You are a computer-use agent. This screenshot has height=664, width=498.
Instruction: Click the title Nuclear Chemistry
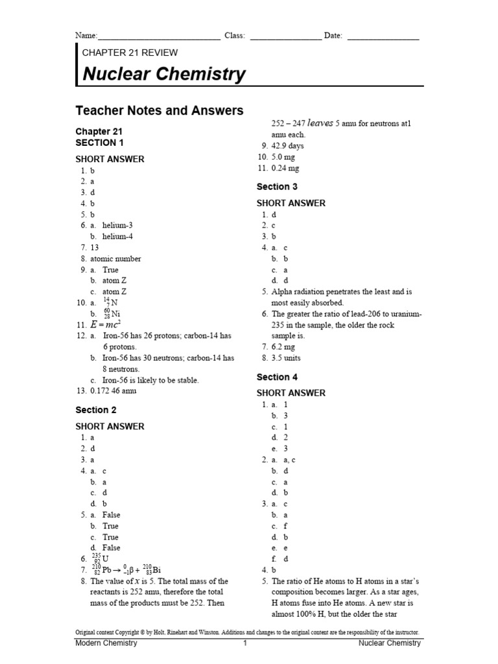164,74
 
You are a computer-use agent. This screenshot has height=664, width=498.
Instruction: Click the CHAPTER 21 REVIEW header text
130,53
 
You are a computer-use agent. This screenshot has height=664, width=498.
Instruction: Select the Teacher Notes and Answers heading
159,111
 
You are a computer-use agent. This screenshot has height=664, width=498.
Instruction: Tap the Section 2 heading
96,410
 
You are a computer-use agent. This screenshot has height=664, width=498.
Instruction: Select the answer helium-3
117,225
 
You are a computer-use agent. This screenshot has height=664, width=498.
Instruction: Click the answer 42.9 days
287,146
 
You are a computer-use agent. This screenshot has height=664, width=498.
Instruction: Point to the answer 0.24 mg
285,168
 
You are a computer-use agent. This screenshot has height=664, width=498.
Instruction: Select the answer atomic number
115,259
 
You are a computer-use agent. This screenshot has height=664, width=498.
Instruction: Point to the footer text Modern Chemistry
106,643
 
